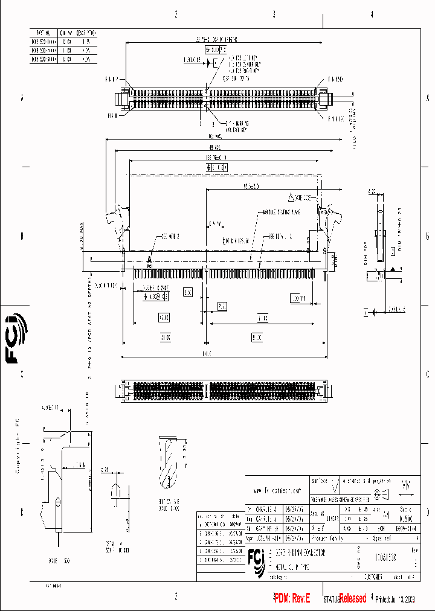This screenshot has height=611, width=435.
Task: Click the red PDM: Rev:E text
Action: click(292, 598)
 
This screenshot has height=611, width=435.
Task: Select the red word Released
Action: click(352, 598)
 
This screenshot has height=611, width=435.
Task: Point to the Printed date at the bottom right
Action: click(395, 599)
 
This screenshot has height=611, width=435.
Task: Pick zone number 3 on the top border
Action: click(274, 14)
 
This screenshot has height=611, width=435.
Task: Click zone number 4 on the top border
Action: click(372, 14)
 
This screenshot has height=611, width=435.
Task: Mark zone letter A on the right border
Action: click(428, 97)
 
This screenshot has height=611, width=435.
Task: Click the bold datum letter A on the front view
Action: click(149, 259)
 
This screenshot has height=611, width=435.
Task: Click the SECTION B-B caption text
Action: click(169, 504)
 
